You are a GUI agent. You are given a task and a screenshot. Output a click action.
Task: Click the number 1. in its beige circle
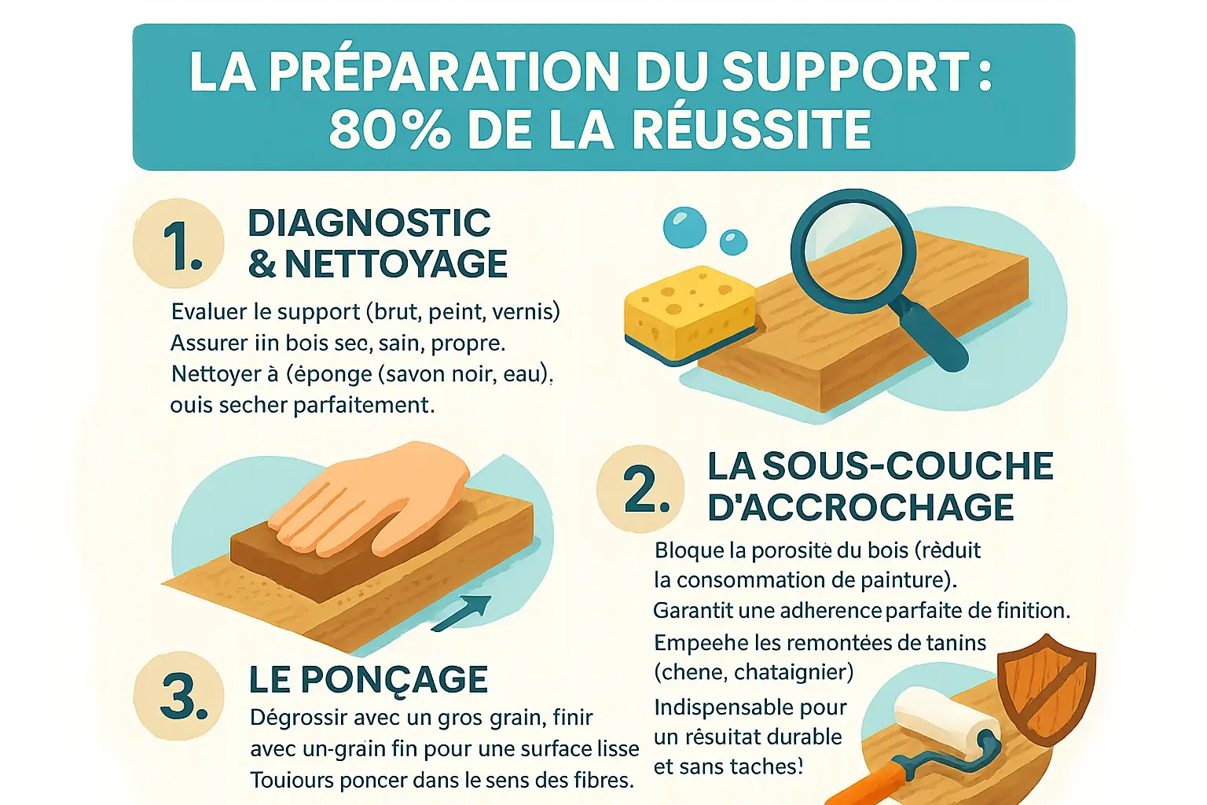tap(182, 245)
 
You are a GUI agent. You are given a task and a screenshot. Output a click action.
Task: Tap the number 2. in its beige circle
tap(646, 489)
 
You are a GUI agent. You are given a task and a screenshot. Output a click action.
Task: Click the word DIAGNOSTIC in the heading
tap(369, 222)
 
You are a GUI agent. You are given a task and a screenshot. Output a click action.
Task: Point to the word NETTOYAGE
tap(396, 263)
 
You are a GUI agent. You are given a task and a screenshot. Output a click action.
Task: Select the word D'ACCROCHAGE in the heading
tap(860, 507)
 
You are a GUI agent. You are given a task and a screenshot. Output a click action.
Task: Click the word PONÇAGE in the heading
tap(394, 681)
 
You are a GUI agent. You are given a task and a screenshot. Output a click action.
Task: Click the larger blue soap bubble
tap(685, 227)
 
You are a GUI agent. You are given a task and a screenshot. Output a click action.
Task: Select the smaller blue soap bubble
tap(733, 242)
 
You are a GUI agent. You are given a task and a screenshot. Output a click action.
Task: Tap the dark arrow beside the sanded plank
tap(461, 614)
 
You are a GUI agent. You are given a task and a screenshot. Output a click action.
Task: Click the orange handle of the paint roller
tap(868, 782)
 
